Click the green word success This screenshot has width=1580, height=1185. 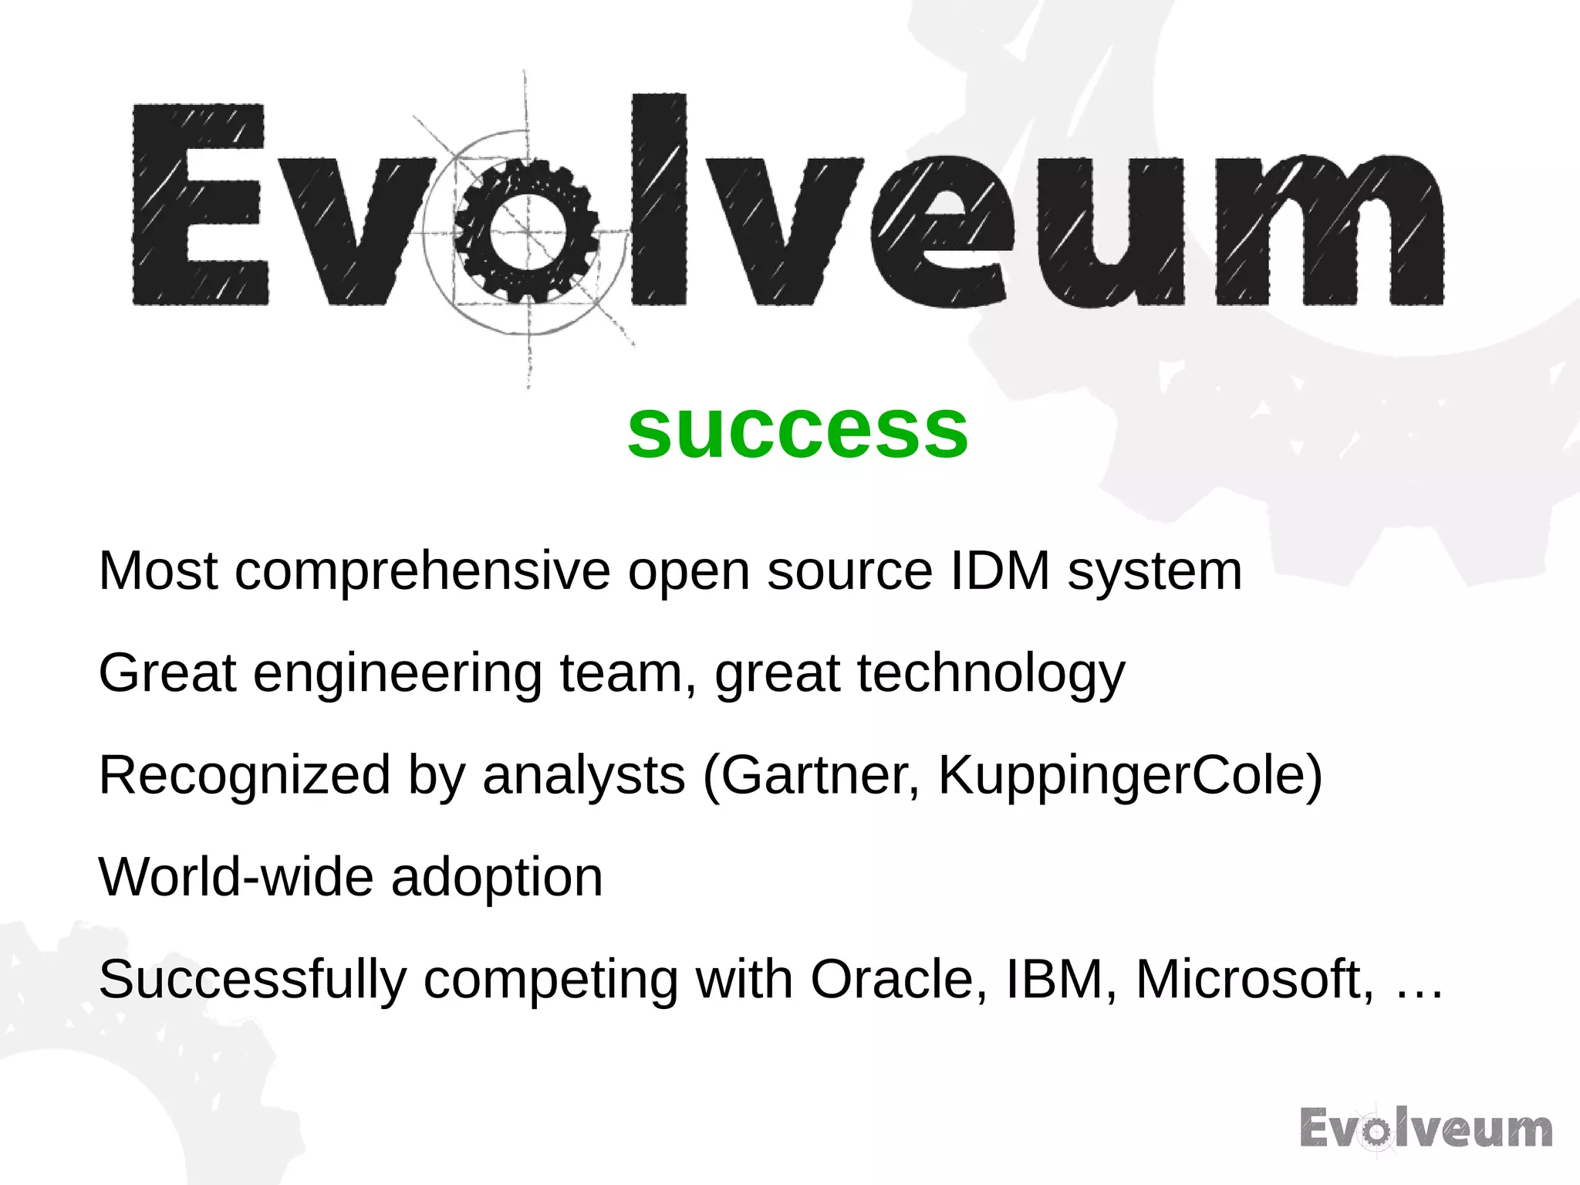[798, 431]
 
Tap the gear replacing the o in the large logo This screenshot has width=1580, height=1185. [527, 231]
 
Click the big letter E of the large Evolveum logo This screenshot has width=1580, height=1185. [200, 205]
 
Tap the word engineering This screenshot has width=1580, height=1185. [397, 674]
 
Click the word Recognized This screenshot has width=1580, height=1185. [245, 775]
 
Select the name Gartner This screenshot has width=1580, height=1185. [820, 775]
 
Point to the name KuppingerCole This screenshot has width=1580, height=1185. [1122, 775]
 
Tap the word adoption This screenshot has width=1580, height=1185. [497, 879]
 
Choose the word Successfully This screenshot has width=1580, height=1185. [252, 980]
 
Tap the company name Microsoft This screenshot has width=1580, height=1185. [1254, 979]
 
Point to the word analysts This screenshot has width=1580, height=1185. [583, 775]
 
